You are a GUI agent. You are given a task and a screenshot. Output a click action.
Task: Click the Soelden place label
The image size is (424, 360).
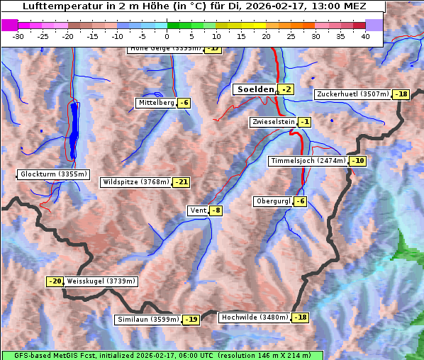255,89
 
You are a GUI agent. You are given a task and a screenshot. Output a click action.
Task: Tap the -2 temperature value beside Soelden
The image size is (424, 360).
286,89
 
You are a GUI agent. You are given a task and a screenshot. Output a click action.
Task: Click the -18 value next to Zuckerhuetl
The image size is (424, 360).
402,94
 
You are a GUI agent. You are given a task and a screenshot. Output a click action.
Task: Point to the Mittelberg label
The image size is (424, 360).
156,103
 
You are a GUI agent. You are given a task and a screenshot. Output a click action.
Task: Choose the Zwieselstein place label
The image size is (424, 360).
272,122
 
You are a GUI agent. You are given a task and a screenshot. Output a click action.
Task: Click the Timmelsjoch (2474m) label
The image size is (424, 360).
308,161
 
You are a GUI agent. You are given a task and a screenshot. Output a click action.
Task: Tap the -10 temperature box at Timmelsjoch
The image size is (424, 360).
358,161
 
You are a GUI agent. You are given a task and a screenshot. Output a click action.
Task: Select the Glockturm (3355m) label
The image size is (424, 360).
54,174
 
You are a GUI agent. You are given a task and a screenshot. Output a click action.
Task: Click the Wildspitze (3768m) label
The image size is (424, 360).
136,182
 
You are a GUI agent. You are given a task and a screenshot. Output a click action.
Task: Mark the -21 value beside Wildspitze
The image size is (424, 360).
182,182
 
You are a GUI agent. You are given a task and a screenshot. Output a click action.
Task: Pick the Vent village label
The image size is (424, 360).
198,210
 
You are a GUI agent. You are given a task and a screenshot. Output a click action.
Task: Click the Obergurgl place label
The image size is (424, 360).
272,201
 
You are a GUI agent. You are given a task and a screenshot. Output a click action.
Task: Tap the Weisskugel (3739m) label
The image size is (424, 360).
101,281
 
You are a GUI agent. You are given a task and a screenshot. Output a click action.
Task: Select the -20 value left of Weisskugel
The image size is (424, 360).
55,281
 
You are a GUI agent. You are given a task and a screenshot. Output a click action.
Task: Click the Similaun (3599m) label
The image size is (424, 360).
147,320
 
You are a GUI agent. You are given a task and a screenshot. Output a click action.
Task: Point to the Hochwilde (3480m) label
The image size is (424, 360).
255,317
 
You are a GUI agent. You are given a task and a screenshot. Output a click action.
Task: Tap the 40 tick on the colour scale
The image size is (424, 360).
365,36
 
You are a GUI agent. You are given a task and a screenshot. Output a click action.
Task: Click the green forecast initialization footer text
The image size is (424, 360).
162,355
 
